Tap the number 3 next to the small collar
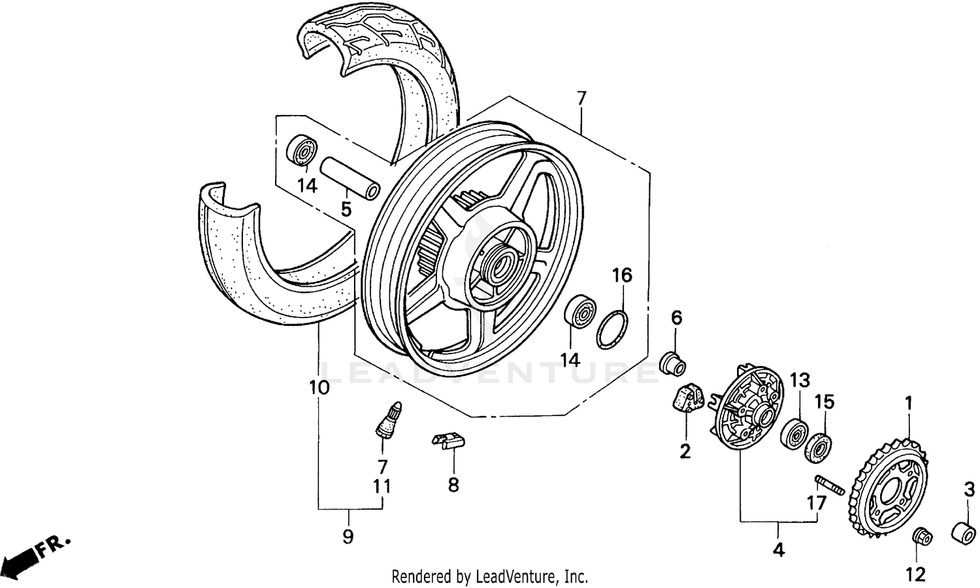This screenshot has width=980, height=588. [x=970, y=489]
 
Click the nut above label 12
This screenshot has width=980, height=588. [x=922, y=536]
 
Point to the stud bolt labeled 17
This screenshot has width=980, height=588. [x=830, y=484]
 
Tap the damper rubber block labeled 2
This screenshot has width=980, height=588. [x=685, y=400]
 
